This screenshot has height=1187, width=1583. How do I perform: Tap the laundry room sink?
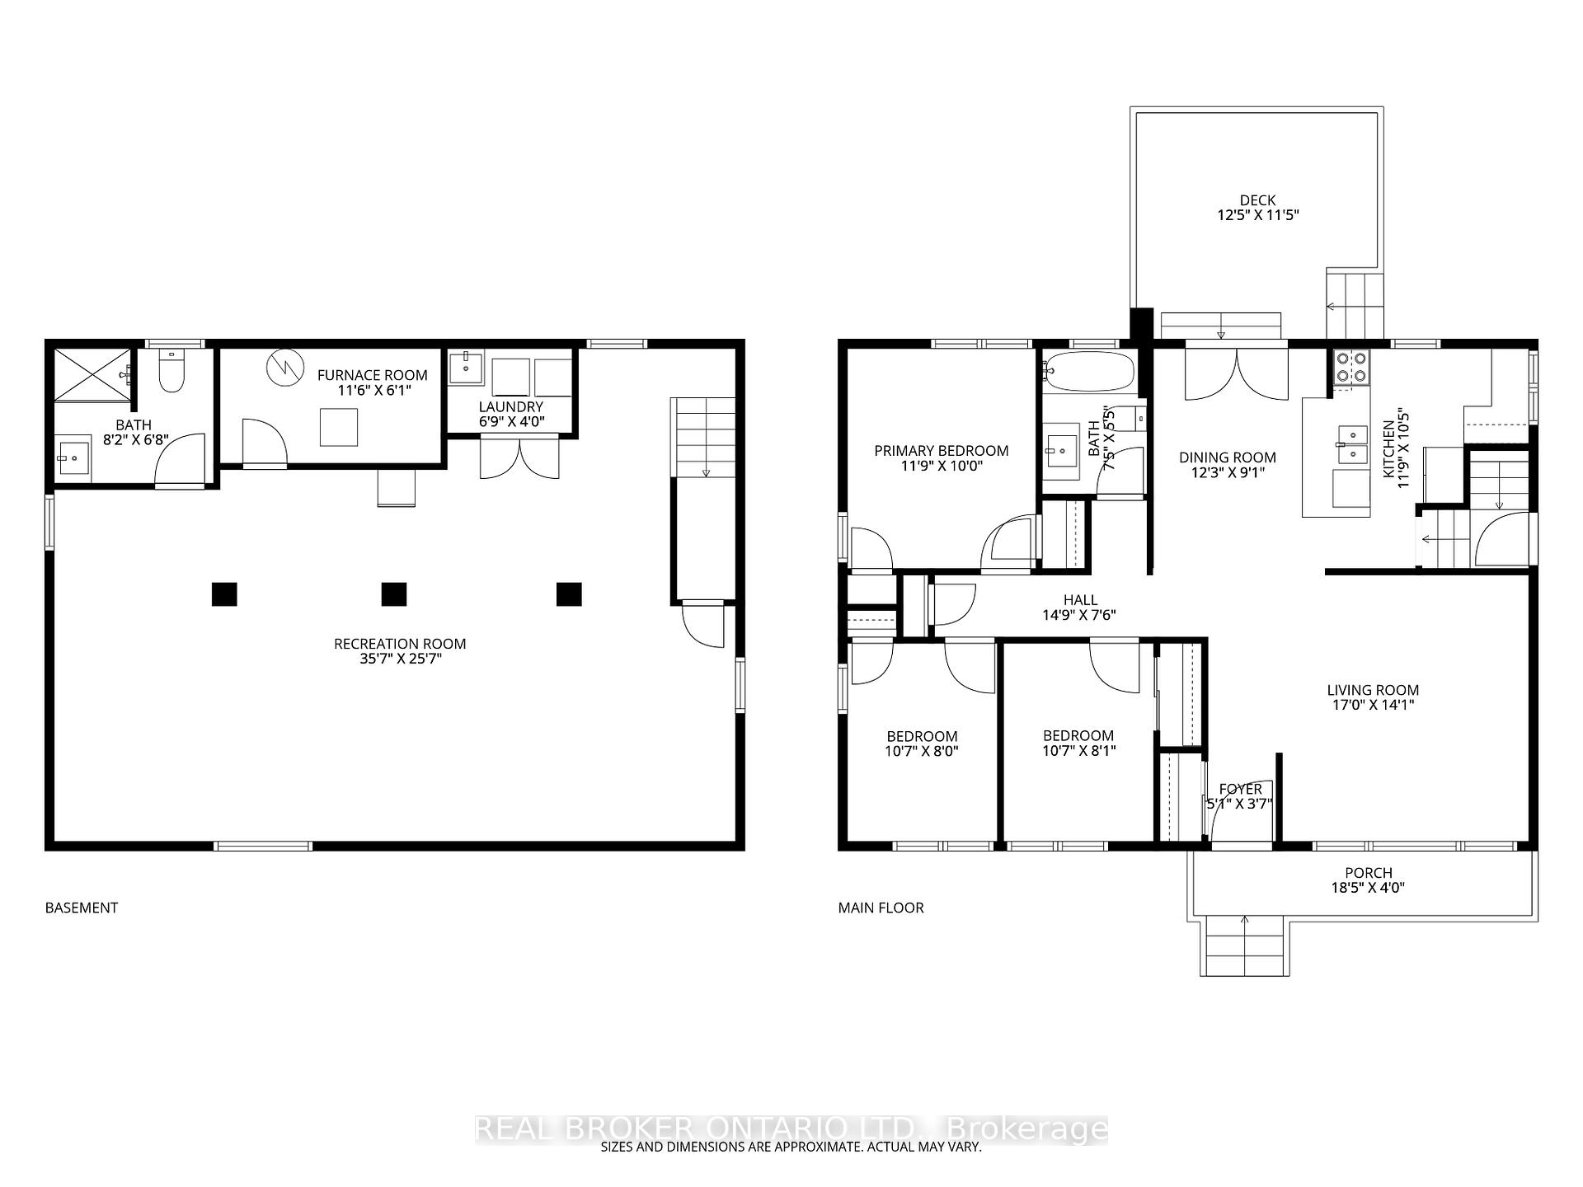pos(467,368)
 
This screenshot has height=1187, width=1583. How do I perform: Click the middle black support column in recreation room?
pos(394,593)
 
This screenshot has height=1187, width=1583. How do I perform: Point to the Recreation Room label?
pos(400,644)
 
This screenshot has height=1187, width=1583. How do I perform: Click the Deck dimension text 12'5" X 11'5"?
pos(1258,215)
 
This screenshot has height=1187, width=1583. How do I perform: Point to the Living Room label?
pos(1373,690)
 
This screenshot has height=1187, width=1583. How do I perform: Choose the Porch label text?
pos(1369,872)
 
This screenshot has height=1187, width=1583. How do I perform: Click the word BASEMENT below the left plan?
pos(82,908)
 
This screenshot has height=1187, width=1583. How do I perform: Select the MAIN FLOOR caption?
pos(881,908)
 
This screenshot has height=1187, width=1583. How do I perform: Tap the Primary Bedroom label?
pos(942,451)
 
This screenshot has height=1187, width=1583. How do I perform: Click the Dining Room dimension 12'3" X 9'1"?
pos(1227,472)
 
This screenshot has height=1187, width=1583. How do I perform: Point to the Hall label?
pos(1080,600)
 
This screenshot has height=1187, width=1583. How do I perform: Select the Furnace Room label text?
pos(373,375)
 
